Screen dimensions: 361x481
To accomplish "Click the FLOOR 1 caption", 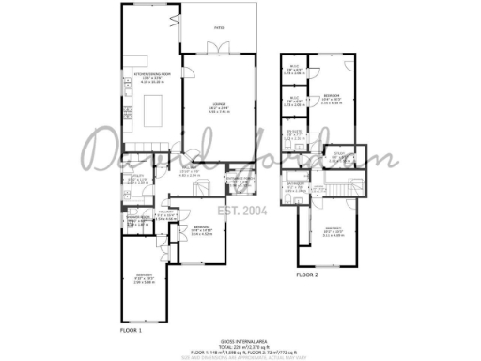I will click(x=131, y=331).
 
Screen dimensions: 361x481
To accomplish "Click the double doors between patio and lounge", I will click(x=218, y=54).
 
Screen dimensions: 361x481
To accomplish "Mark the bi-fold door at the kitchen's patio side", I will click(x=174, y=18).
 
